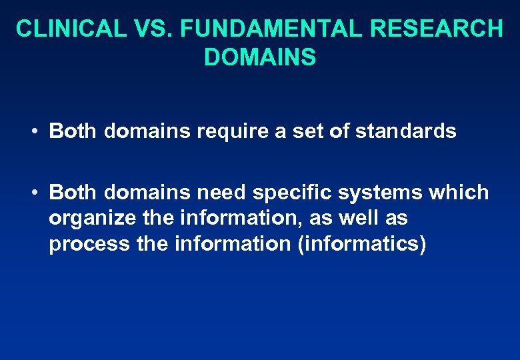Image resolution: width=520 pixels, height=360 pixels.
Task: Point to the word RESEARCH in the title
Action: [436, 29]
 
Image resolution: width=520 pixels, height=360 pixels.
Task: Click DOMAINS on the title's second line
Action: [260, 57]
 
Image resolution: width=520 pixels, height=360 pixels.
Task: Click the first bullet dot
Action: [33, 131]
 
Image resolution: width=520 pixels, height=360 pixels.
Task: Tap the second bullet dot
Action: [33, 193]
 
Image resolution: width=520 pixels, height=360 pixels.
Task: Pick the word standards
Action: [406, 131]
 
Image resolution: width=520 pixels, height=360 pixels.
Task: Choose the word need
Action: [222, 193]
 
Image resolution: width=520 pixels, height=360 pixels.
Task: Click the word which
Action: [461, 193]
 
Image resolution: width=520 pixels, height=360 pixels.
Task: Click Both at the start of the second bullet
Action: [73, 193]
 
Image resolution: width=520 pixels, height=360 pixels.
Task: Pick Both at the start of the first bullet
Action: [73, 131]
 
